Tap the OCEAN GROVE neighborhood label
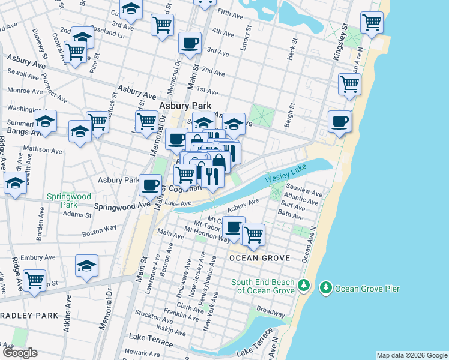pyautogui.click(x=259, y=258)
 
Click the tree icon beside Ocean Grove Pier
pyautogui.click(x=326, y=288)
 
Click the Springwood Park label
pyautogui.click(x=70, y=200)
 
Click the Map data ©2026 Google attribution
pyautogui.click(x=411, y=355)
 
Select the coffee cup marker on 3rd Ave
pyautogui.click(x=190, y=43)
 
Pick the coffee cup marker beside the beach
pyautogui.click(x=339, y=121)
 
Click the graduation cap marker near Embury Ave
pyautogui.click(x=86, y=265)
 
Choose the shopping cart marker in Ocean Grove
pyautogui.click(x=253, y=233)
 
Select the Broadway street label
pyautogui.click(x=270, y=312)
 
